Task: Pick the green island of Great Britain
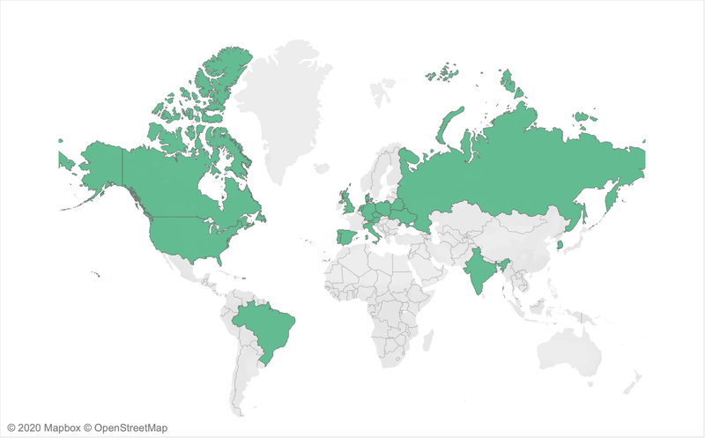click(x=349, y=202)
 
